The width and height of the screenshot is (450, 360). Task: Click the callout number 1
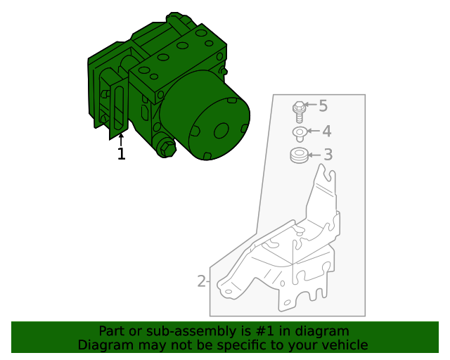click(121, 154)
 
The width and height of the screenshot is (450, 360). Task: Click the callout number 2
click(201, 282)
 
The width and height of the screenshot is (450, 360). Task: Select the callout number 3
click(327, 155)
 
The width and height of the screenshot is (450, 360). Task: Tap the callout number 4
click(326, 131)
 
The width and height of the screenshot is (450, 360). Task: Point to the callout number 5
click(323, 106)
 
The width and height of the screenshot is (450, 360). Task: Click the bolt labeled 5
click(299, 112)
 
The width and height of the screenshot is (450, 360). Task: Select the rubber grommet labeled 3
click(299, 156)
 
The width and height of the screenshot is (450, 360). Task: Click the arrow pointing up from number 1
click(121, 138)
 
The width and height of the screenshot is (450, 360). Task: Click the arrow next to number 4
click(313, 131)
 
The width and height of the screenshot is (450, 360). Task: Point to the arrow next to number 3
click(314, 155)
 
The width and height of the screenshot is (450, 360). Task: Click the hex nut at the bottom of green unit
click(167, 148)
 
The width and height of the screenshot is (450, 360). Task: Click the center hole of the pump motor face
click(221, 130)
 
